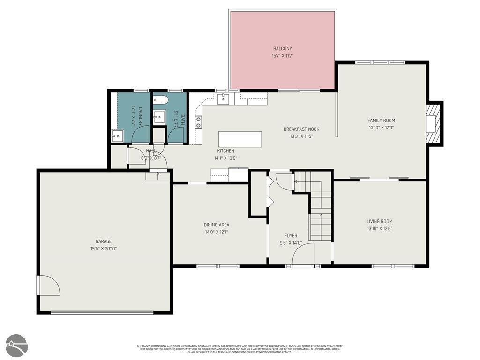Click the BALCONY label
pyautogui.click(x=282, y=48)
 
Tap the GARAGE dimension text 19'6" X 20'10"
pyautogui.click(x=103, y=248)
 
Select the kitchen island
pyautogui.click(x=240, y=139)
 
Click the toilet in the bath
pyautogui.click(x=160, y=100)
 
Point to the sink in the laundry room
pyautogui.click(x=117, y=136)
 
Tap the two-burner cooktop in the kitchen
pyautogui.click(x=199, y=122)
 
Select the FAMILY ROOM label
pyautogui.click(x=381, y=120)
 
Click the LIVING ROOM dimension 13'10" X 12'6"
pyautogui.click(x=379, y=229)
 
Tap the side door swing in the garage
pyautogui.click(x=49, y=285)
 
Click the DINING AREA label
pyautogui.click(x=217, y=225)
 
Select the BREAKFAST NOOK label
pyautogui.click(x=301, y=129)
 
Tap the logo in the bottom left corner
pyautogui.click(x=17, y=346)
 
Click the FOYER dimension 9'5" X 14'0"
pyautogui.click(x=291, y=243)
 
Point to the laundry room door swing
pyautogui.click(x=140, y=134)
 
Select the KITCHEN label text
pyautogui.click(x=225, y=151)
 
